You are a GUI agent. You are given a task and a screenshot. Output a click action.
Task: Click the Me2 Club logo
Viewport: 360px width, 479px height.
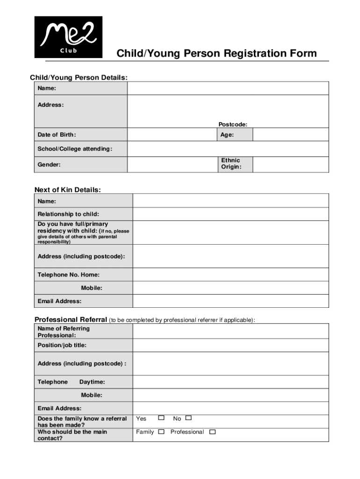click(x=68, y=37)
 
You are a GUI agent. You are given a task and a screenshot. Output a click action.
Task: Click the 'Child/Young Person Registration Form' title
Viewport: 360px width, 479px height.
click(x=216, y=53)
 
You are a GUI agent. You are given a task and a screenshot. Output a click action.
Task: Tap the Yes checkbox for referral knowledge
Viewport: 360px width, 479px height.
click(x=161, y=418)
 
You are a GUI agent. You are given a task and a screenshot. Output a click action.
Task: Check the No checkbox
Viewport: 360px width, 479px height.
click(x=189, y=418)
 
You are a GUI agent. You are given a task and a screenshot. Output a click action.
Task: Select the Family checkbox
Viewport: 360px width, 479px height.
click(x=161, y=432)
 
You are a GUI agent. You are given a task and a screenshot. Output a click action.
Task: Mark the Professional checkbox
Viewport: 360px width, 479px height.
click(x=212, y=432)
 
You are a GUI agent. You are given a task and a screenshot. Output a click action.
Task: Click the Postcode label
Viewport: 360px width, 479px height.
click(x=233, y=124)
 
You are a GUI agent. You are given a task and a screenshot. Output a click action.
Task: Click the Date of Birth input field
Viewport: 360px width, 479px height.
click(x=172, y=135)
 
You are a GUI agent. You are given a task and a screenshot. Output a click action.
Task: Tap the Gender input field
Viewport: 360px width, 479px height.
click(x=172, y=164)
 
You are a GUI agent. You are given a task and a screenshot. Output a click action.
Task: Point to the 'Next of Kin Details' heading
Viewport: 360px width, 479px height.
click(x=68, y=189)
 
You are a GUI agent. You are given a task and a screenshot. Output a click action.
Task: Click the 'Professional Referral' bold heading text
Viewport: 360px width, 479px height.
click(x=71, y=319)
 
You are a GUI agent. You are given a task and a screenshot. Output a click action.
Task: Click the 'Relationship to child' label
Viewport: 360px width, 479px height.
click(x=68, y=214)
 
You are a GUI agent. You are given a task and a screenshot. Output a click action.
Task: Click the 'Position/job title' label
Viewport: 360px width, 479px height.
click(x=62, y=345)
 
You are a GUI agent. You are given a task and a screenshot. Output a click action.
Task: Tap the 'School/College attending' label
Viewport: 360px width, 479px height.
click(x=75, y=149)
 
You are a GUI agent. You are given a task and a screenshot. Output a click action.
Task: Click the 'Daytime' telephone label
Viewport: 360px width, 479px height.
click(x=92, y=382)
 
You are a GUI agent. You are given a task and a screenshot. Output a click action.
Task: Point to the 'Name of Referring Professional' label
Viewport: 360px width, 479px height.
click(x=64, y=332)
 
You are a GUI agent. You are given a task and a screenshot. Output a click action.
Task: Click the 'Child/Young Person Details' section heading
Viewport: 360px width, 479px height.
click(x=79, y=77)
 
